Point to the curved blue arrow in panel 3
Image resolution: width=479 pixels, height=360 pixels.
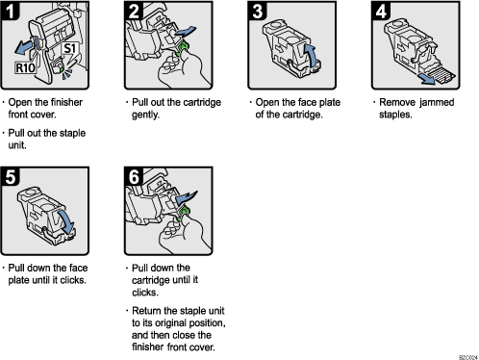[310, 49]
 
